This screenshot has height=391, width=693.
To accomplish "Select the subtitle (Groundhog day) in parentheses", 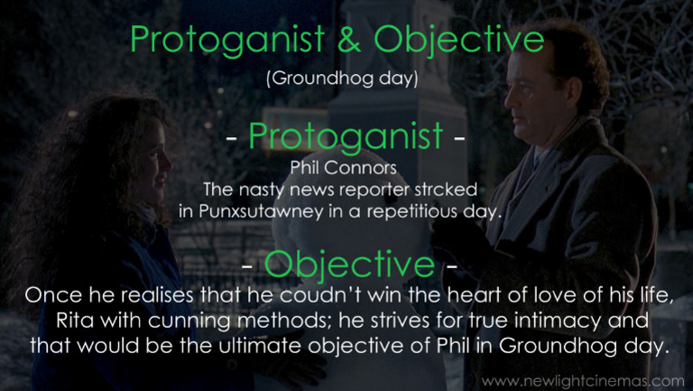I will pyautogui.click(x=342, y=78).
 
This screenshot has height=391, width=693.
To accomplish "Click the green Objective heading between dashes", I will pyautogui.click(x=350, y=265).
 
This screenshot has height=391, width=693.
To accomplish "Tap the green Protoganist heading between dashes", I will pyautogui.click(x=346, y=136).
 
